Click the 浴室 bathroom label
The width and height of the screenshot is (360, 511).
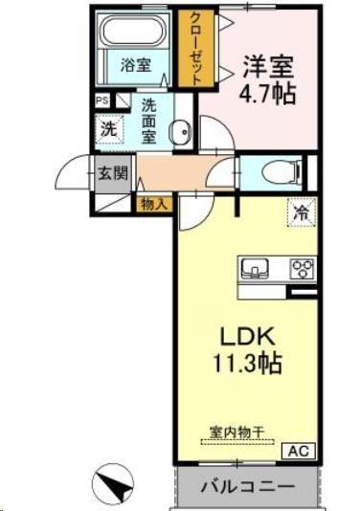click(x=136, y=65)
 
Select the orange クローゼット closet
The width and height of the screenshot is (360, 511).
click(x=196, y=50)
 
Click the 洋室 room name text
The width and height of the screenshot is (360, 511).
click(x=267, y=68)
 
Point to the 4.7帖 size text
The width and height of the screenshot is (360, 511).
click(x=267, y=94)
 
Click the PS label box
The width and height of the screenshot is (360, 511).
click(x=101, y=100)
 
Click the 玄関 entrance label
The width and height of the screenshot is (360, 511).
click(x=107, y=173)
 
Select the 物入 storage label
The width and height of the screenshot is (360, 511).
click(x=153, y=203)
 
